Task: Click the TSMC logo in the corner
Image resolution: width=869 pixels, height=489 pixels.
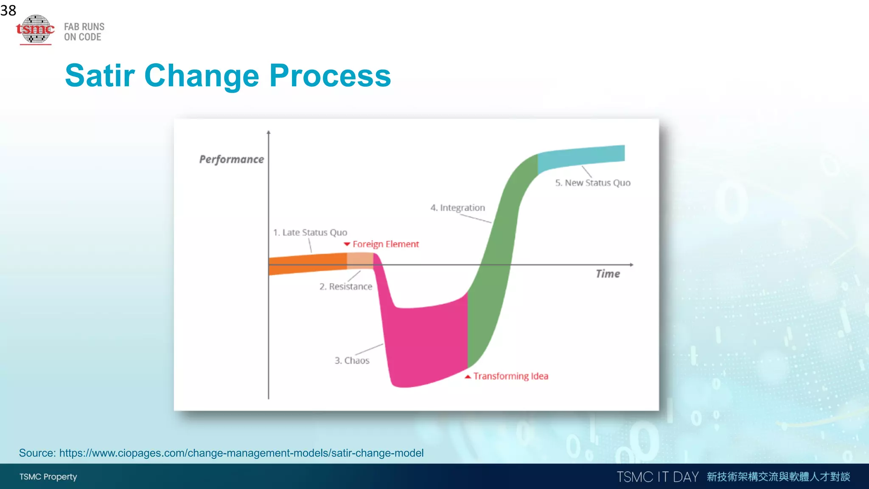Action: tap(36, 29)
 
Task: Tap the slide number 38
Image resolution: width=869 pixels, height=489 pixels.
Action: tap(8, 10)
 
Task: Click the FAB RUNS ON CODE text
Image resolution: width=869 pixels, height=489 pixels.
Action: tap(84, 32)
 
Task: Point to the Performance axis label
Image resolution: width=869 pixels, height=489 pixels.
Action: tap(231, 159)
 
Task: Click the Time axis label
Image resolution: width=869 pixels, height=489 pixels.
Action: tap(608, 274)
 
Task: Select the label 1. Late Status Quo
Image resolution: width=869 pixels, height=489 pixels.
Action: tap(310, 232)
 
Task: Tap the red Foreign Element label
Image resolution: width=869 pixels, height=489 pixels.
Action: tap(385, 244)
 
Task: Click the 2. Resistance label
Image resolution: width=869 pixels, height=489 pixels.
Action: tap(346, 287)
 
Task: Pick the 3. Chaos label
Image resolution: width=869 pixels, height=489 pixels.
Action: tap(352, 360)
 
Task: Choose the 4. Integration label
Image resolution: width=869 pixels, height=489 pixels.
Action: tap(457, 208)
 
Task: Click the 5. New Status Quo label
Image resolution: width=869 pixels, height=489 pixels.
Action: tap(593, 183)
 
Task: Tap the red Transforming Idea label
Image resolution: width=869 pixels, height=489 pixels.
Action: tap(510, 376)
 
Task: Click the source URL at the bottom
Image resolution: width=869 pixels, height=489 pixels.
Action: tap(241, 453)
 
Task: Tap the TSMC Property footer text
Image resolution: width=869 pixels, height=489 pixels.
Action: tap(48, 477)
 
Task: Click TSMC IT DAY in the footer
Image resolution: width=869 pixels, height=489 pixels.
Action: tap(657, 477)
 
